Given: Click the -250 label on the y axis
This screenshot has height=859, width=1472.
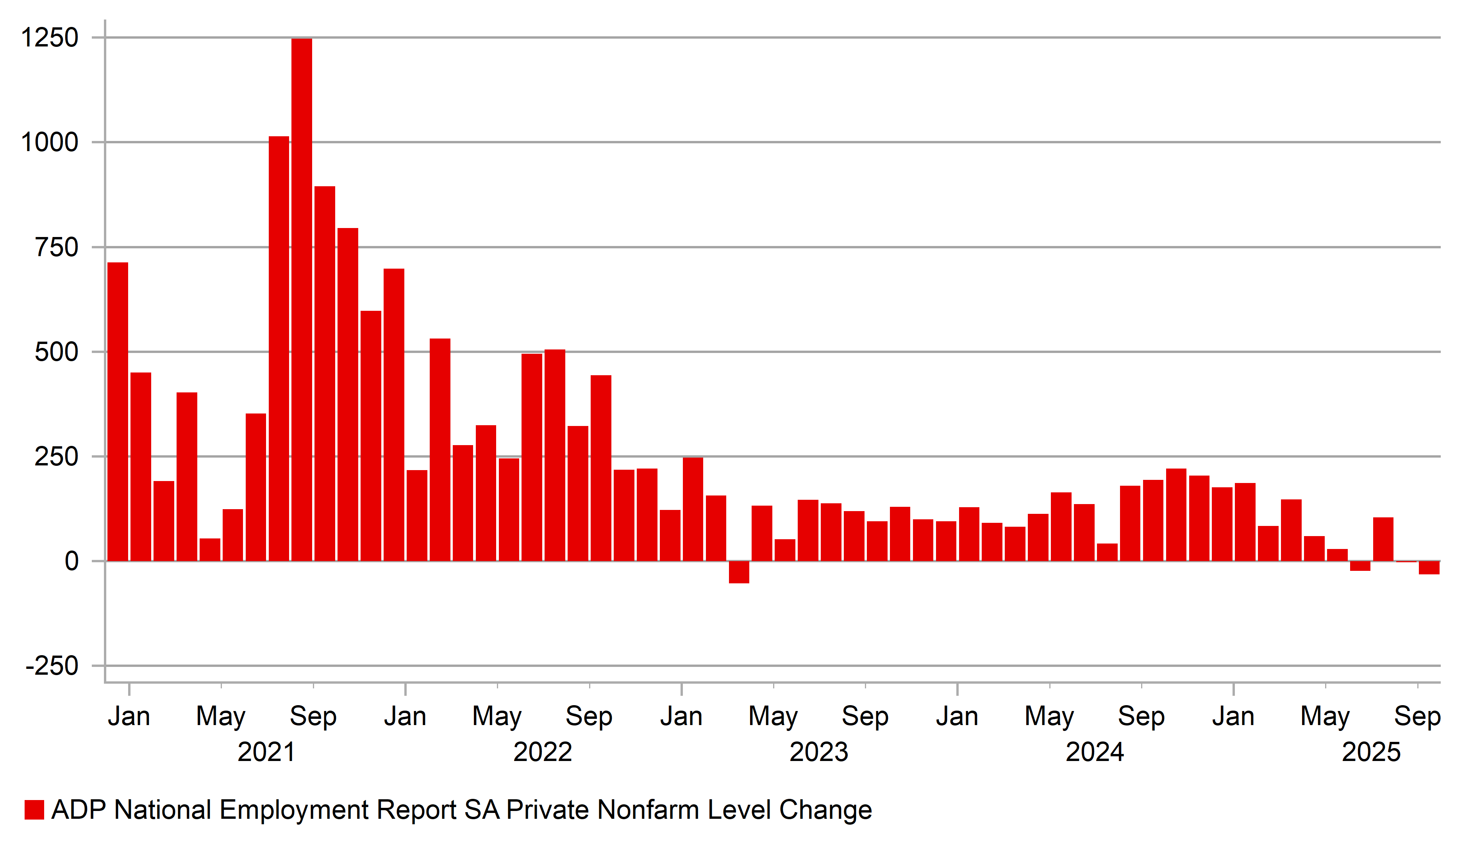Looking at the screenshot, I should [x=52, y=666].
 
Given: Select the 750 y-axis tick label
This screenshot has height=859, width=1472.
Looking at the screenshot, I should [x=57, y=248].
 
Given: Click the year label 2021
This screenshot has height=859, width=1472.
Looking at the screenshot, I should [x=266, y=752].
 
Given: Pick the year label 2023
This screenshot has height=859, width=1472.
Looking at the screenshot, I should [x=818, y=752].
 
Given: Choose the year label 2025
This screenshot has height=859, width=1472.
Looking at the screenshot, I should [x=1371, y=752].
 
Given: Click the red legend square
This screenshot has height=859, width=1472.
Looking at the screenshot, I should [x=34, y=810].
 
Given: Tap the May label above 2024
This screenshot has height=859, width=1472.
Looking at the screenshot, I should [x=1049, y=716].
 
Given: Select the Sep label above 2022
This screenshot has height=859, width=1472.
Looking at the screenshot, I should [x=589, y=716].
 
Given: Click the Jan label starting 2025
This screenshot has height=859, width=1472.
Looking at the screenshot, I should [x=1233, y=716].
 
